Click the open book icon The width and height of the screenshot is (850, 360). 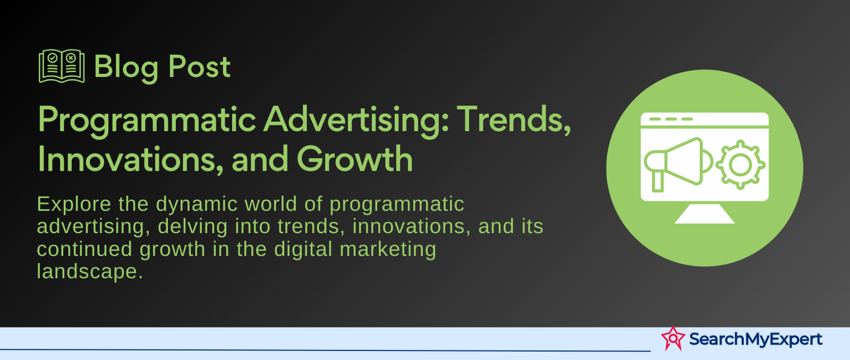(62, 66)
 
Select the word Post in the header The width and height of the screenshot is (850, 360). (199, 67)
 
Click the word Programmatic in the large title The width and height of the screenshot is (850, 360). (147, 121)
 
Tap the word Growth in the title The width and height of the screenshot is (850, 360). (355, 160)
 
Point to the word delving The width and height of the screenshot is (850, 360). (192, 227)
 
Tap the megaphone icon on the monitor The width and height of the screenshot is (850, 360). (678, 165)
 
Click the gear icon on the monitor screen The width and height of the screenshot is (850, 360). (741, 165)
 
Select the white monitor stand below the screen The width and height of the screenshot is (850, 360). (704, 213)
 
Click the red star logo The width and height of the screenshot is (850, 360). (673, 338)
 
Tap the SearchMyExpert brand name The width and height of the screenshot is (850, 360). (755, 339)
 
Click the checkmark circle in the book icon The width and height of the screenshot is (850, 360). (53, 58)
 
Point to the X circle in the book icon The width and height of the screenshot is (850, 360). (70, 58)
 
